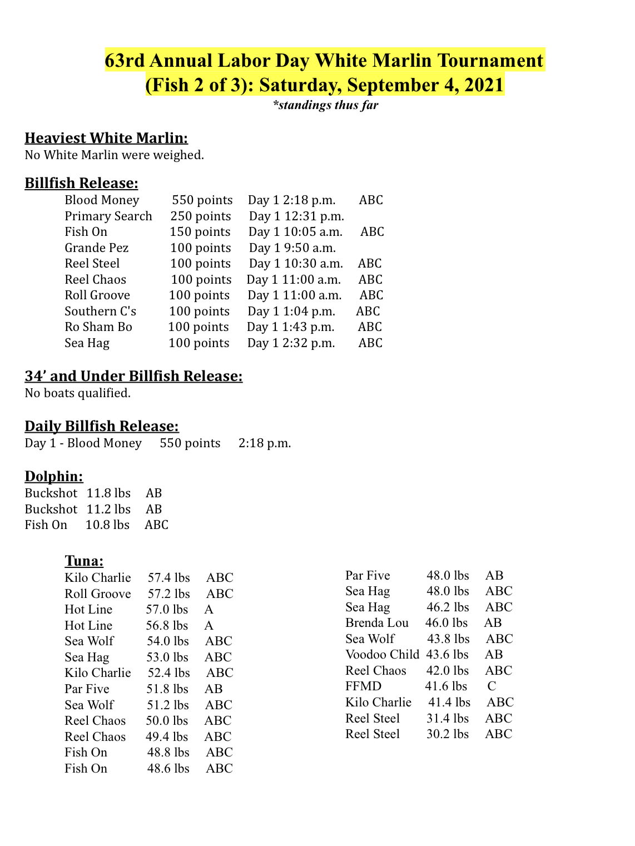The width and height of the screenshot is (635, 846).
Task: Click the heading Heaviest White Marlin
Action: pos(106,138)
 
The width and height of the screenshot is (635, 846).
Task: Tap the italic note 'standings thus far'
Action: pos(326,105)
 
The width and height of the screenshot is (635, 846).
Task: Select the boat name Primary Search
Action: pos(108,216)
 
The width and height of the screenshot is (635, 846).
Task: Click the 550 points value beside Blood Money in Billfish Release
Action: pos(202,200)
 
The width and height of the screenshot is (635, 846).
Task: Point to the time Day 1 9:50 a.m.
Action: pos(292,248)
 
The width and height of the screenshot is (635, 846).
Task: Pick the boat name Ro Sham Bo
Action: pos(98,327)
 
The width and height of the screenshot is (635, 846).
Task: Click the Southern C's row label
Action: pos(100,311)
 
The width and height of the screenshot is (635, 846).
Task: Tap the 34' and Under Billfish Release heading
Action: pos(133,377)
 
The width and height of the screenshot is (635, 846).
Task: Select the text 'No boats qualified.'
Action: pos(77,393)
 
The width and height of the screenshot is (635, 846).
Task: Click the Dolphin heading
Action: pos(54,477)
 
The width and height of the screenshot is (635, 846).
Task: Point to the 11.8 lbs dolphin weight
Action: pos(108,493)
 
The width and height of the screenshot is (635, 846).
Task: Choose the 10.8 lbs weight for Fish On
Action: pos(107,525)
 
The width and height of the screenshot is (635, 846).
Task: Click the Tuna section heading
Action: pos(84,561)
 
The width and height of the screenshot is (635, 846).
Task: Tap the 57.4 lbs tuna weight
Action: pos(168,578)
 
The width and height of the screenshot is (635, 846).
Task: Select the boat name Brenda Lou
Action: pos(376,623)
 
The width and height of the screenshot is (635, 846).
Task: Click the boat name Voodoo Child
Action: pos(382,655)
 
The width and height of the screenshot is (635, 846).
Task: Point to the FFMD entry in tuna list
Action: pos(363,686)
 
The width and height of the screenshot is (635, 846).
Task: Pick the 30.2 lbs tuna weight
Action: pos(447,734)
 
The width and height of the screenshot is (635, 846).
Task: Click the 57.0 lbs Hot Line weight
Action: pos(167,610)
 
